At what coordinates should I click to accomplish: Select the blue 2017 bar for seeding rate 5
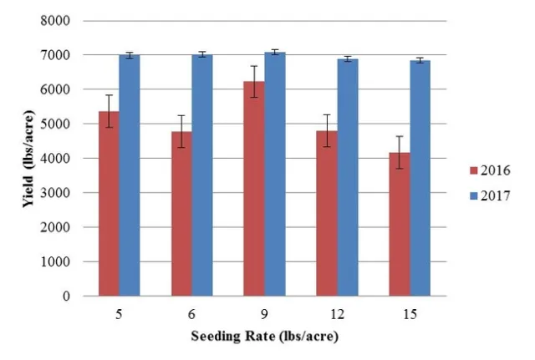[x=129, y=175]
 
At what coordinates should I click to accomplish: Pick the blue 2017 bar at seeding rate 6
[x=201, y=175]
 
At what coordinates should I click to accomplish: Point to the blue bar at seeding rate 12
[x=348, y=177]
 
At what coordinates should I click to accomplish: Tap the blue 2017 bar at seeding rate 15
[x=420, y=178]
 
